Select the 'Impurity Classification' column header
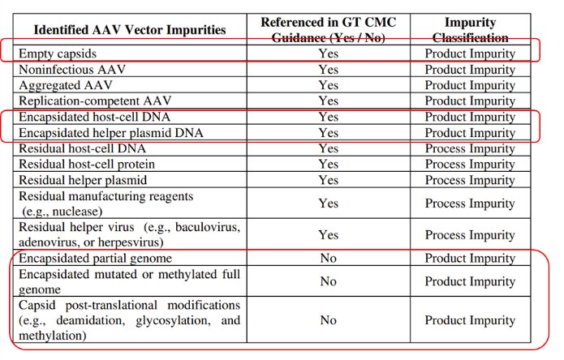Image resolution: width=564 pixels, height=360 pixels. pos(470,29)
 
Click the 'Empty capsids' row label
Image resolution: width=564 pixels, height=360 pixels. pos(54,54)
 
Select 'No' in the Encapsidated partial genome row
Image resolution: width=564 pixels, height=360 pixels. pos(328,259)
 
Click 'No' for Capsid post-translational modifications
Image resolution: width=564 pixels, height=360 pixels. pos(328,320)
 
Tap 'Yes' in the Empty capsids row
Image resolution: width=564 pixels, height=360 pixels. pos(328,54)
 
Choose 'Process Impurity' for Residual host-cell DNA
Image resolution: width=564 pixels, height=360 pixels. pos(470,148)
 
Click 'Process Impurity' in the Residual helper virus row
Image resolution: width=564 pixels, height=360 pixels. pos(470,234)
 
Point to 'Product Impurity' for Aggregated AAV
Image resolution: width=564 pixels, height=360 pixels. pos(470,85)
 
